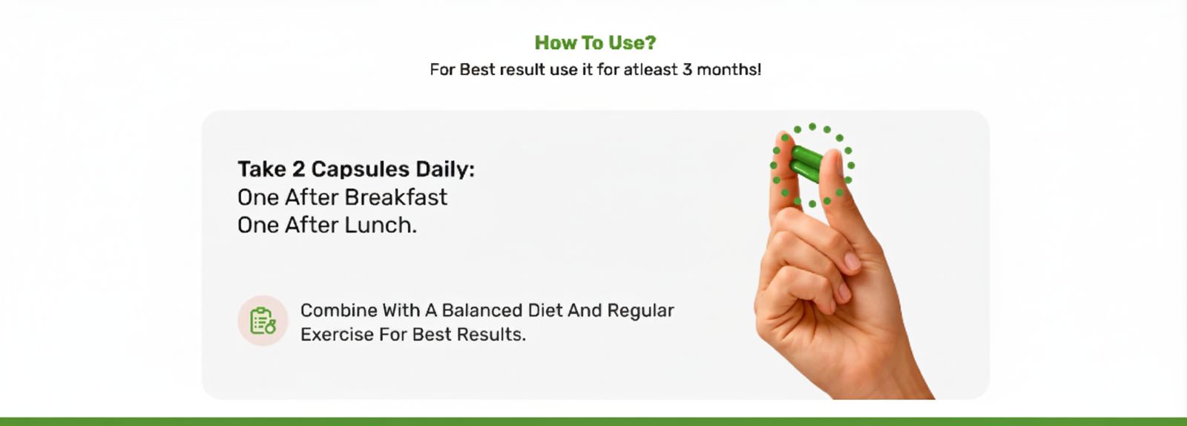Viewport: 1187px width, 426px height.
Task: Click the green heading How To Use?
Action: (x=595, y=42)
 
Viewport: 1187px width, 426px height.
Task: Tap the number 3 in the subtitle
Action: (x=687, y=70)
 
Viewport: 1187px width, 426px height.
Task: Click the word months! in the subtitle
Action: (x=729, y=70)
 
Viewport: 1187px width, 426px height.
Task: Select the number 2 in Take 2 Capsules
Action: (x=297, y=169)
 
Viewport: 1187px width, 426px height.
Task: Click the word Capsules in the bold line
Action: (x=361, y=170)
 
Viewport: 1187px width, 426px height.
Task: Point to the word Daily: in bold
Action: (x=445, y=169)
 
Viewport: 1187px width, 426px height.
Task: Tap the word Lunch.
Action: (x=381, y=225)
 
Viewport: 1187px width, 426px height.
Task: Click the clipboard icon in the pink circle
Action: (x=263, y=321)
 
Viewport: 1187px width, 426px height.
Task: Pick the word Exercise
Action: (x=337, y=334)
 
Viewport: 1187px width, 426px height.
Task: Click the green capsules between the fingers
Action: (x=806, y=164)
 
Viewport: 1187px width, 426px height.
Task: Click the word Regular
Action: (x=640, y=310)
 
